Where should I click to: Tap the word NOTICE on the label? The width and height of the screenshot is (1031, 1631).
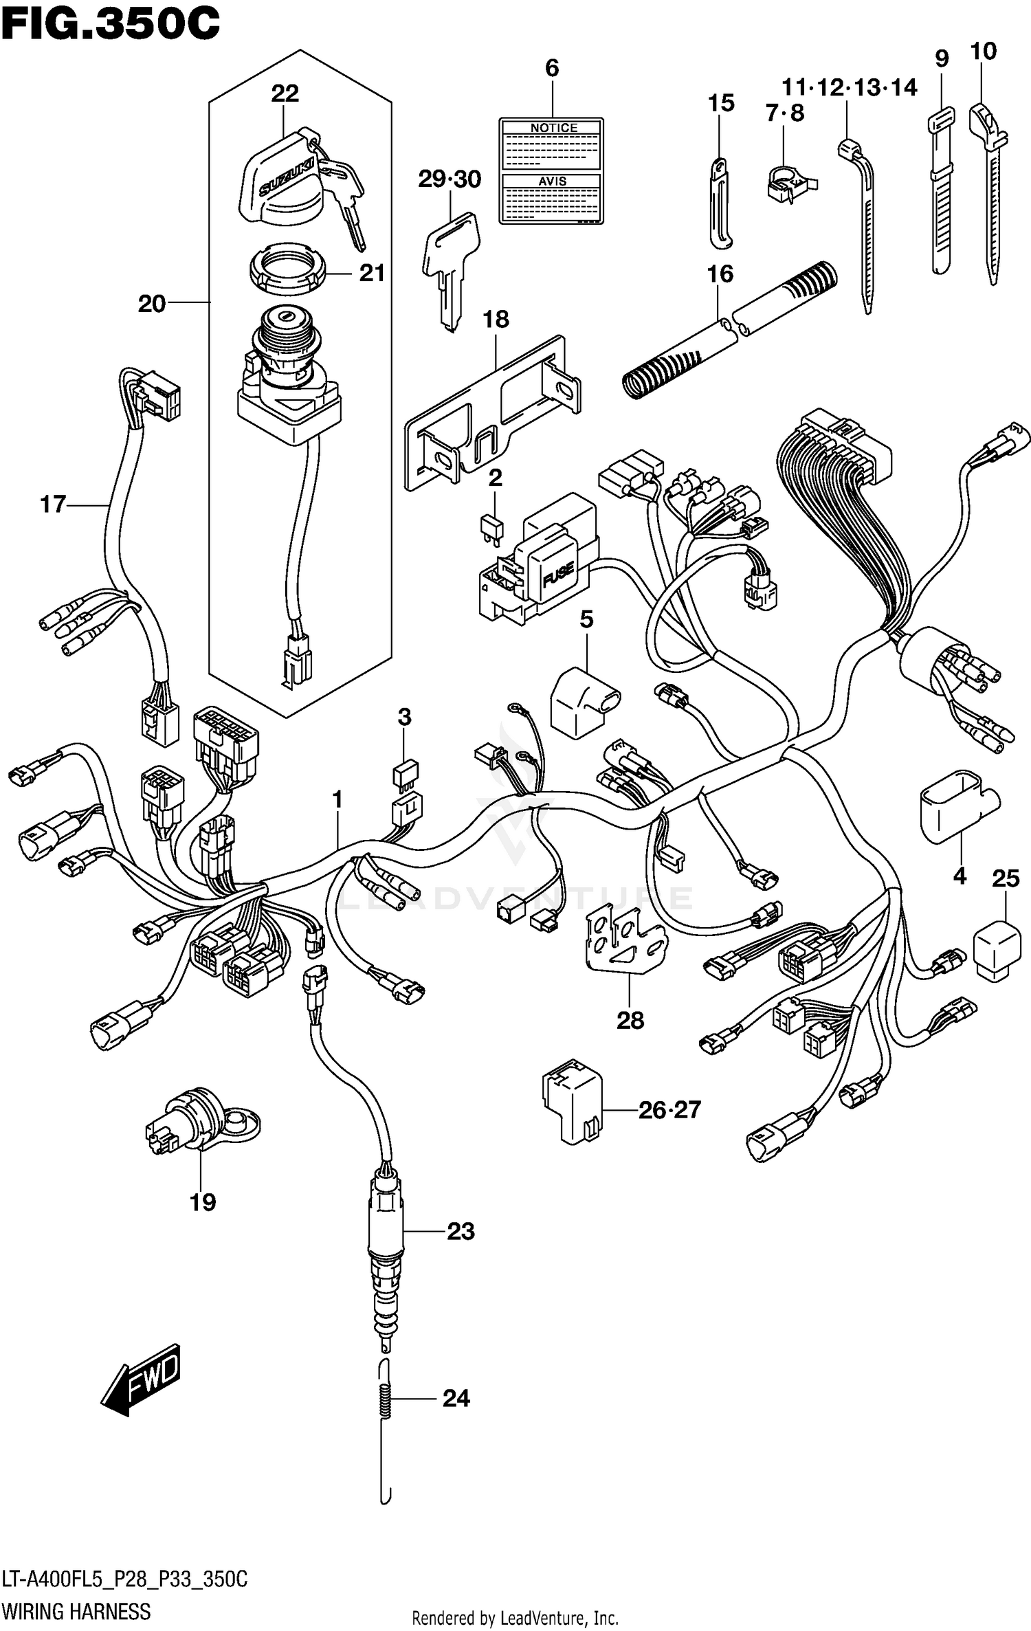553,128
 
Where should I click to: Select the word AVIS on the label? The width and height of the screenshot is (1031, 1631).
553,181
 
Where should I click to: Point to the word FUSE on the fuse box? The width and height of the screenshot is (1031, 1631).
557,575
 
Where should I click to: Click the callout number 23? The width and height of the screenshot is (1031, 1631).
461,1231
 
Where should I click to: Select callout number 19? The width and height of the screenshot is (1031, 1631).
203,1202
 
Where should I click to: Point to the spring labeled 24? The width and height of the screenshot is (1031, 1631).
386,1399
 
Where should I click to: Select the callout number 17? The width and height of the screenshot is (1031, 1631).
53,504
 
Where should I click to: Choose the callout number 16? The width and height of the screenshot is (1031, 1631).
720,274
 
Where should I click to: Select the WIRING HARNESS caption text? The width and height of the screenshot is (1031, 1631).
76,1611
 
